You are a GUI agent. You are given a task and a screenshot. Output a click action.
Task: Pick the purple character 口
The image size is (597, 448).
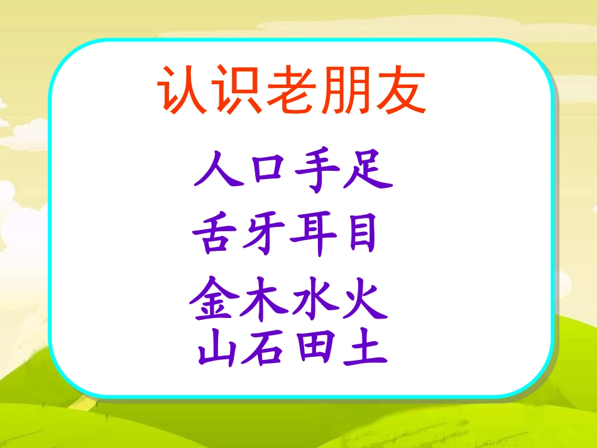point(268,172)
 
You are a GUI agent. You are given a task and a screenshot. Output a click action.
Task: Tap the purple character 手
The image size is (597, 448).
point(317,172)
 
